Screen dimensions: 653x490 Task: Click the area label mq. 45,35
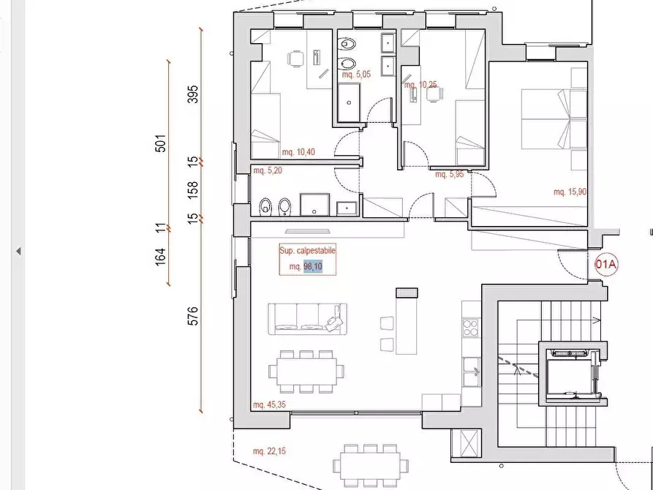point(269,404)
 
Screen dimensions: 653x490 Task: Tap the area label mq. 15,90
point(570,192)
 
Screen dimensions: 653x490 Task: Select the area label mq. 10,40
point(298,152)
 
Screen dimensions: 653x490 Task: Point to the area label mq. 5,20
point(268,170)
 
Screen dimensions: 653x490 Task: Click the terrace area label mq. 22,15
point(269,451)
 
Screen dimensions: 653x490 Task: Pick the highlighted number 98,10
point(313,266)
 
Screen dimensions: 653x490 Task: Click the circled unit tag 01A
point(606,265)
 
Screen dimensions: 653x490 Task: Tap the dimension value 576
point(193,316)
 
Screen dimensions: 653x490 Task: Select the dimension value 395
point(193,94)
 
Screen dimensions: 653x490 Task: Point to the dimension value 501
point(160,143)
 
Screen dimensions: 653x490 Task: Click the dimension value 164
point(160,257)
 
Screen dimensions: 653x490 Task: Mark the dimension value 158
point(193,190)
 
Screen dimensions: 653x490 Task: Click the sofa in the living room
point(308,319)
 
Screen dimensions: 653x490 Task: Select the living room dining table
point(306,372)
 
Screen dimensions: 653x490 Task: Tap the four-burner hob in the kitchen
point(471,327)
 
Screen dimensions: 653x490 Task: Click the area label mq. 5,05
point(356,75)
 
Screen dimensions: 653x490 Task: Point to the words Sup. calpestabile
point(307,250)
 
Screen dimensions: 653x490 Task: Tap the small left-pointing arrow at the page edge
point(18,251)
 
